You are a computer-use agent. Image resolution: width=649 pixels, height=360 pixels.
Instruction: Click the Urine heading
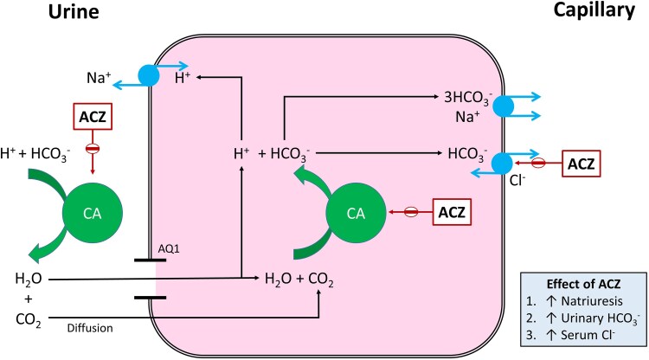[35, 14]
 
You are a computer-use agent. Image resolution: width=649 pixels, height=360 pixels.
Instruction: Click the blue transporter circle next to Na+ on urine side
[149, 75]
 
